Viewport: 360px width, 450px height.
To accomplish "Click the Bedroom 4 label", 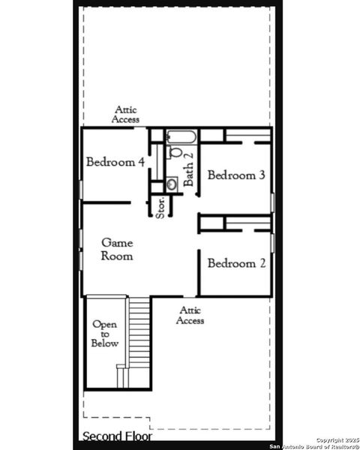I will (115, 162).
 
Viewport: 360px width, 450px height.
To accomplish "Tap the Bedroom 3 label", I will (236, 175).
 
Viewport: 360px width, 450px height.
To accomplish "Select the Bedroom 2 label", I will (236, 263).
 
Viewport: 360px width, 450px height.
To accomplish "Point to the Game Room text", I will (118, 249).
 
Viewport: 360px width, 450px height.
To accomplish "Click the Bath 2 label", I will (189, 169).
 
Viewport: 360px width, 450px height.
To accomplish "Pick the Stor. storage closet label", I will (160, 206).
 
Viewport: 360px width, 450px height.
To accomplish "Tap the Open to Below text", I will (104, 334).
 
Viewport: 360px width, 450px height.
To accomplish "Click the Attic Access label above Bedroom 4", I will (125, 114).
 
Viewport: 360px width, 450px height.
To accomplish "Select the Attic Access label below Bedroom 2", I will (190, 315).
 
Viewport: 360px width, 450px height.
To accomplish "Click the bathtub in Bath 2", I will (181, 136).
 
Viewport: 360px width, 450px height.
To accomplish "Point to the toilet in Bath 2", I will (175, 152).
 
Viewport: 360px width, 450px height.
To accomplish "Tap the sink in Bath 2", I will (172, 183).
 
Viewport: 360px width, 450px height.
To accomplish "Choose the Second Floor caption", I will (117, 436).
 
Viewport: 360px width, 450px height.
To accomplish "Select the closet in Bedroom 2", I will (247, 223).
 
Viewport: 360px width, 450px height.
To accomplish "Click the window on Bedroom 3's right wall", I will (272, 202).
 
